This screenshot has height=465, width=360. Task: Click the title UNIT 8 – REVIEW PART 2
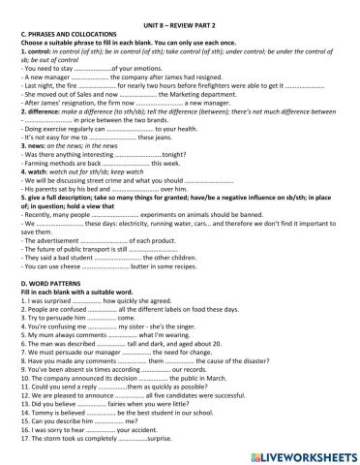[x=181, y=8]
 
